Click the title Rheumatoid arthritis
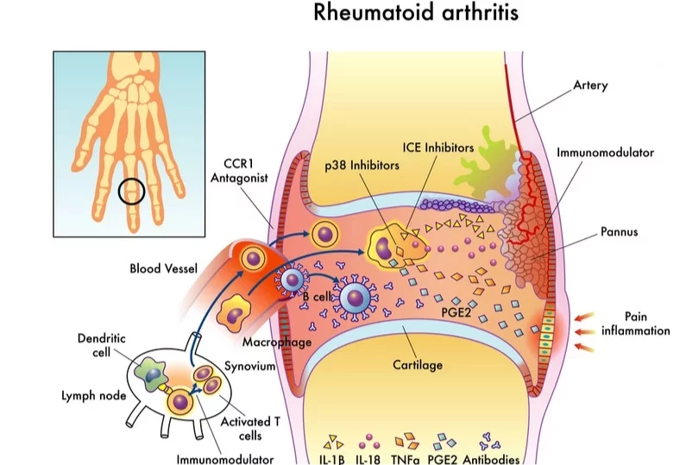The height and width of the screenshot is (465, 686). pos(416,12)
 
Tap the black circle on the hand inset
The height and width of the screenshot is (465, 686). pos(131,179)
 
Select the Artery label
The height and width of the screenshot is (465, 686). pos(590,85)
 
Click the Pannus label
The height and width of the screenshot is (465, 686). pos(619,231)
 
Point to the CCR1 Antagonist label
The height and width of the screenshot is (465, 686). pos(239,171)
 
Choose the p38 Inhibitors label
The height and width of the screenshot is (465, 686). pos(362,166)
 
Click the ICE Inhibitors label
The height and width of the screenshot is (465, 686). pos(438,148)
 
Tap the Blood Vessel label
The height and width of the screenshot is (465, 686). pos(164,268)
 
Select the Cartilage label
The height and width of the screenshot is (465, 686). pos(418,365)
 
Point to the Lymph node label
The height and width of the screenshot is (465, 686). pos(94,396)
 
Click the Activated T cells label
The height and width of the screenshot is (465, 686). pos(250,429)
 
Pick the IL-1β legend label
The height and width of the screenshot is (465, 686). pos(332,460)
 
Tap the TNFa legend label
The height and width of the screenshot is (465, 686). pos(405,460)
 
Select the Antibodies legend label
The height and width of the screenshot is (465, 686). pos(491,459)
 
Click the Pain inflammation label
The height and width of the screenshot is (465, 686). pos(636,324)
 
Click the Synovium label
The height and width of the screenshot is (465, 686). pos(250,366)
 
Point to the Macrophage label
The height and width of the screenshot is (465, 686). pos(277,342)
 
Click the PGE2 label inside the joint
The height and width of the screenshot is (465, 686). pos(456,313)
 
